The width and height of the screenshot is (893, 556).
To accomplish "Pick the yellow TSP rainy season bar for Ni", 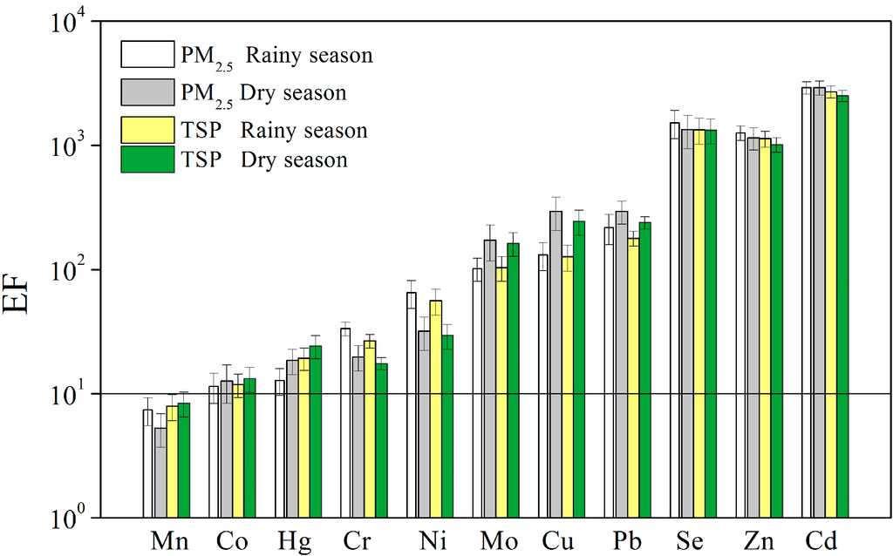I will click(436, 409).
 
